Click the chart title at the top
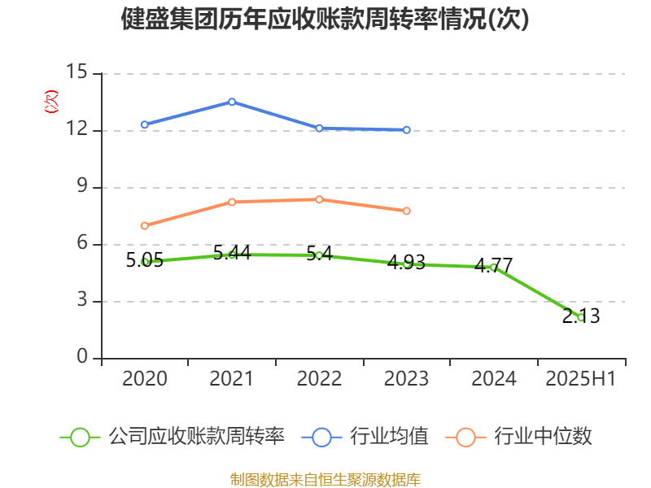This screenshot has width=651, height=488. (x=325, y=19)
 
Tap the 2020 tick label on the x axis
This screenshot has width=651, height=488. (x=145, y=378)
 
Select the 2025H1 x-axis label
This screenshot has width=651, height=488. (x=580, y=378)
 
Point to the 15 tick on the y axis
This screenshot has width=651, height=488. (x=76, y=73)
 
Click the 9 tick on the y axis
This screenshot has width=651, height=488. (x=81, y=187)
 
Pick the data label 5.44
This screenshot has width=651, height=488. (x=231, y=252)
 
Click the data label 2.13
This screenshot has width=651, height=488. (x=581, y=316)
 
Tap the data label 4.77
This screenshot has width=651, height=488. (x=493, y=265)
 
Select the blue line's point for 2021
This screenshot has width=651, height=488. (x=232, y=102)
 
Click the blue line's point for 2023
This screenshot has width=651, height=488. (x=407, y=129)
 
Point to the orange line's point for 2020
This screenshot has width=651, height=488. (x=145, y=225)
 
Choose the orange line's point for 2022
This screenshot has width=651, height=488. (x=319, y=199)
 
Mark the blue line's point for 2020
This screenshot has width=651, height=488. (x=145, y=124)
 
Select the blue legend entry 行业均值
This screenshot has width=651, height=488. (x=365, y=437)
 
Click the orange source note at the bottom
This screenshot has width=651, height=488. (x=325, y=479)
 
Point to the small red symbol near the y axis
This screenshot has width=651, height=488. (x=51, y=102)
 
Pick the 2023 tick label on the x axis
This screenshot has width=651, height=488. (x=406, y=378)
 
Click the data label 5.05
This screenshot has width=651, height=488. (x=145, y=260)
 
